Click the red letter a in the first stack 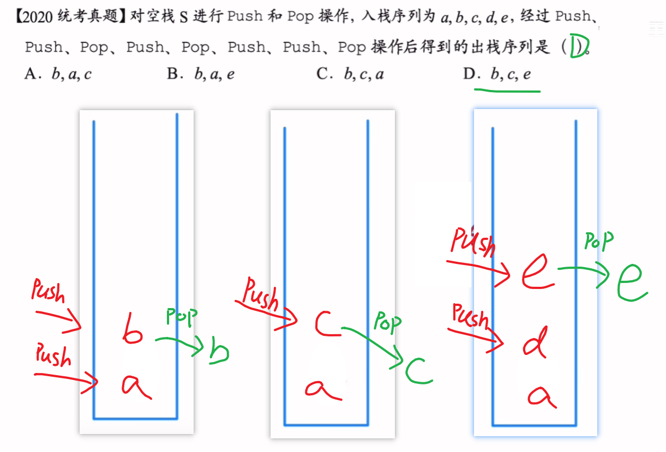pyautogui.click(x=135, y=386)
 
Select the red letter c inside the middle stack pyautogui.click(x=328, y=324)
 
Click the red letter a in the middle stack pyautogui.click(x=323, y=389)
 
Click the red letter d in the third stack pyautogui.click(x=534, y=342)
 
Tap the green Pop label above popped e pyautogui.click(x=599, y=241)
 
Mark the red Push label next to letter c pyautogui.click(x=261, y=293)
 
